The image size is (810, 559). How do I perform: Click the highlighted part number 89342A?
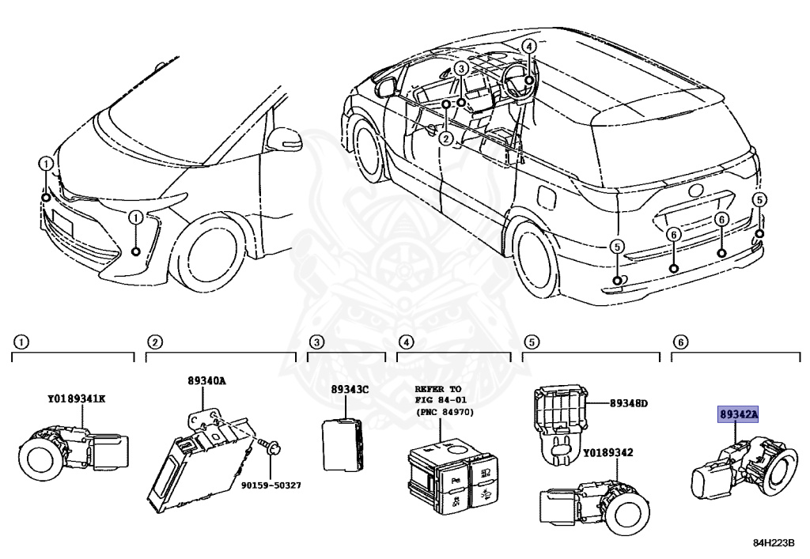pyautogui.click(x=737, y=414)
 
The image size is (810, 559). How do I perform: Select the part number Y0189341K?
pyautogui.click(x=76, y=398)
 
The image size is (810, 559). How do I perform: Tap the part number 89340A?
pyautogui.click(x=207, y=381)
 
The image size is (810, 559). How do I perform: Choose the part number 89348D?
pyautogui.click(x=628, y=403)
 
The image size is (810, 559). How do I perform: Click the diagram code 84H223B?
pyautogui.click(x=773, y=543)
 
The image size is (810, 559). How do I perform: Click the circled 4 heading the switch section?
pyautogui.click(x=406, y=342)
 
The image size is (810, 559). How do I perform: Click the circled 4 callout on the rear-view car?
pyautogui.click(x=528, y=47)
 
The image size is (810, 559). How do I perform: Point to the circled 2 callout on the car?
pyautogui.click(x=446, y=139)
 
